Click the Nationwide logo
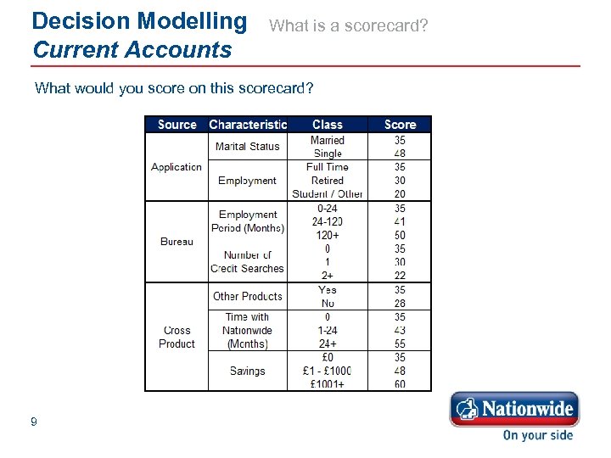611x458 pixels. pyautogui.click(x=514, y=411)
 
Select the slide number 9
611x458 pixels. pyautogui.click(x=33, y=422)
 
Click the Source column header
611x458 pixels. pyautogui.click(x=177, y=125)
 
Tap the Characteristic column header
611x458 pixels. pyautogui.click(x=248, y=125)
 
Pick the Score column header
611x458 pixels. pyautogui.click(x=400, y=125)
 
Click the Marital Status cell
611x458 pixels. pyautogui.click(x=247, y=147)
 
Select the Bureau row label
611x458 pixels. pyautogui.click(x=177, y=242)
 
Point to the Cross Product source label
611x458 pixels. pyautogui.click(x=177, y=337)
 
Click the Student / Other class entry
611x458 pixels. pyautogui.click(x=328, y=194)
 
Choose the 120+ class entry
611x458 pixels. pyautogui.click(x=328, y=235)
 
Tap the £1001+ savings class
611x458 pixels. pyautogui.click(x=328, y=384)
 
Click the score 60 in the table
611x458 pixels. pyautogui.click(x=400, y=384)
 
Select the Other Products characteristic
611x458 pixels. pyautogui.click(x=247, y=296)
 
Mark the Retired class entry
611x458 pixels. pyautogui.click(x=328, y=181)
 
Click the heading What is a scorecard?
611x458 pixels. pyautogui.click(x=349, y=26)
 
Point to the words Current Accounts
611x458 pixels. pyautogui.click(x=132, y=50)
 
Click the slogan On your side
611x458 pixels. pyautogui.click(x=537, y=435)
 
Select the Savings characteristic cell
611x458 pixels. pyautogui.click(x=247, y=371)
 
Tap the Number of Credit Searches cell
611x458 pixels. pyautogui.click(x=247, y=262)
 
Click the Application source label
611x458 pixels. pyautogui.click(x=177, y=167)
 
